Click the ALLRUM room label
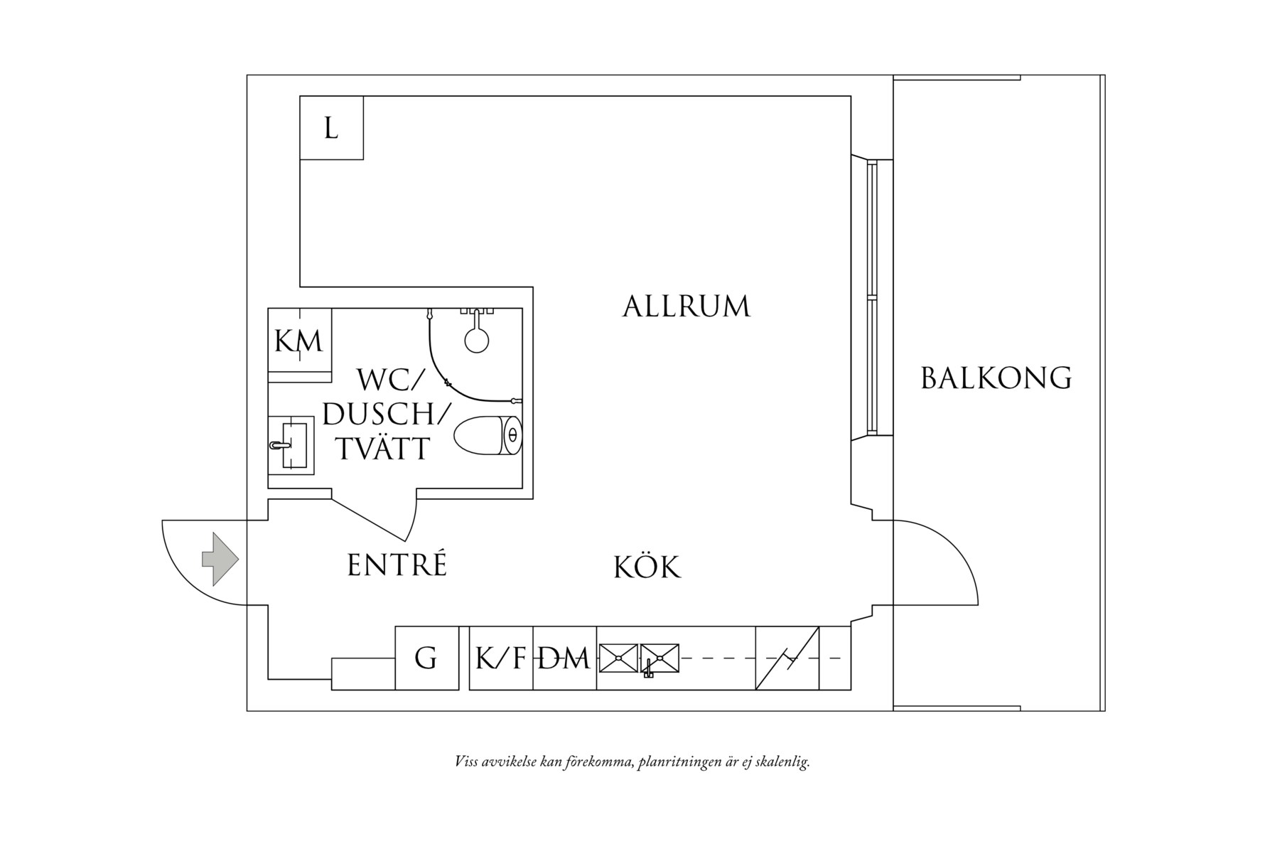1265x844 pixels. (686, 306)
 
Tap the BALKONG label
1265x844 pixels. (996, 378)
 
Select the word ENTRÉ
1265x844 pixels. (397, 565)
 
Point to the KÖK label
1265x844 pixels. (647, 567)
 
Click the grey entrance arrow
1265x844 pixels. (220, 560)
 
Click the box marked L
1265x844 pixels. (331, 129)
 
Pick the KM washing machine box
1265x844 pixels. (299, 341)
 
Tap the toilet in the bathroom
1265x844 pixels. (488, 435)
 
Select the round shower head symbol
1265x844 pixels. (477, 339)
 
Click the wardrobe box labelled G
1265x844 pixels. (426, 658)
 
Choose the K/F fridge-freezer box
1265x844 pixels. (500, 658)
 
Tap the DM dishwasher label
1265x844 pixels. (564, 658)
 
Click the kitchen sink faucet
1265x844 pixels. (648, 668)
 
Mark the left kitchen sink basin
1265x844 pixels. (618, 657)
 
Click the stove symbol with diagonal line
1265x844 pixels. (787, 658)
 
